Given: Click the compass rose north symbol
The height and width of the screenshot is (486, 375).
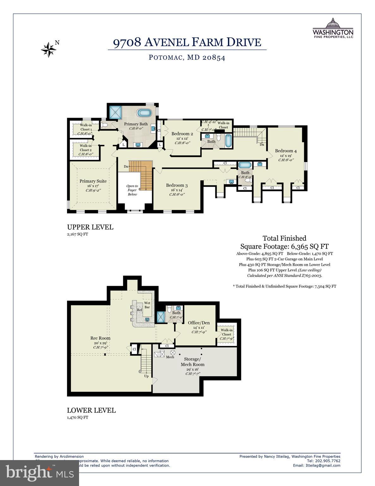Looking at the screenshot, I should (x=48, y=49).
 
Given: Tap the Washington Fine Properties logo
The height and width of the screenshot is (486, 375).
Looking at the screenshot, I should (x=333, y=28).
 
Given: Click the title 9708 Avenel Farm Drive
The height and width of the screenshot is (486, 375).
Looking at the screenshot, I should (x=187, y=42).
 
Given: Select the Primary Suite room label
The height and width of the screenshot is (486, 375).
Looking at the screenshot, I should (x=93, y=181).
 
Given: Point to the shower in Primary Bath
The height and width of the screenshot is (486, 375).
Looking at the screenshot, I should (x=116, y=112).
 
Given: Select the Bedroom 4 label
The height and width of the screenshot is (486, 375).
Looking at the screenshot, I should (x=286, y=151).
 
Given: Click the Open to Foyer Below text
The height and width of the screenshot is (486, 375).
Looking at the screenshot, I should (x=132, y=190).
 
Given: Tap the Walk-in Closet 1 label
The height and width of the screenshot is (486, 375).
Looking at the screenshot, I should (x=86, y=127).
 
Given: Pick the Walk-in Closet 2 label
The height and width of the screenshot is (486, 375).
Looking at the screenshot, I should (x=86, y=148).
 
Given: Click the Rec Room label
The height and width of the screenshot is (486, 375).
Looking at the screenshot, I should (x=100, y=338).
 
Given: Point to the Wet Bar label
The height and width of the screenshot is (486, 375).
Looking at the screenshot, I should (x=147, y=305).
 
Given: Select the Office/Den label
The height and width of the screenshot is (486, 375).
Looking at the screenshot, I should (x=199, y=323).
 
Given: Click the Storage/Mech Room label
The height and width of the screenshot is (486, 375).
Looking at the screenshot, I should (x=192, y=362).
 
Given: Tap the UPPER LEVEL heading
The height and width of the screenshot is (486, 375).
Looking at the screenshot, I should (x=90, y=227).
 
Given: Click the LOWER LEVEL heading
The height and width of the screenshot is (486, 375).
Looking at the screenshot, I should (x=91, y=410).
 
